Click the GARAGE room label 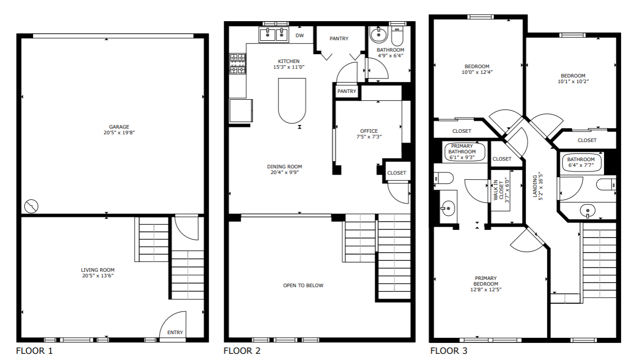(x=119, y=127)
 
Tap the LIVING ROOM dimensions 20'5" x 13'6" (x=97, y=276)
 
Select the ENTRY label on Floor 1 (x=175, y=332)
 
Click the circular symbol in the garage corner (x=32, y=207)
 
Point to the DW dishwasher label (x=300, y=36)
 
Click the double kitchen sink (x=274, y=35)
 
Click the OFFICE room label (x=368, y=131)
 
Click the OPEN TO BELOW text (x=303, y=286)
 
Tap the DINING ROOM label (x=284, y=167)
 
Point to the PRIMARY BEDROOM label (x=486, y=281)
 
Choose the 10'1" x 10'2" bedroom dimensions (x=573, y=82)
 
